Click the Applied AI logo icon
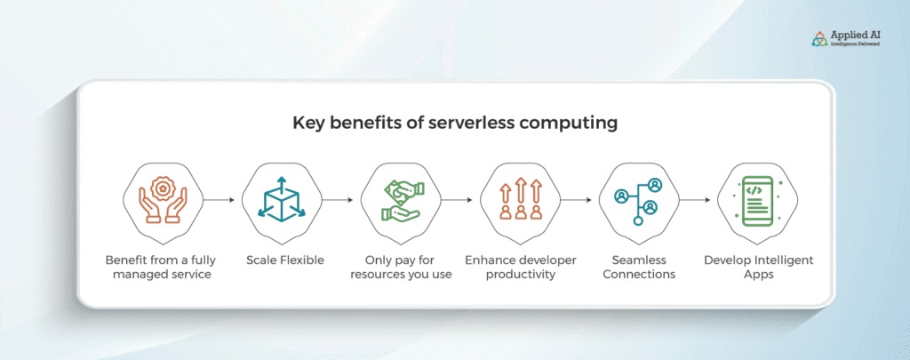[x=819, y=39]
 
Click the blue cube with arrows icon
[x=282, y=200]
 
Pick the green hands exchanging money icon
[x=401, y=200]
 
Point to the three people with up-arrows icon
[x=521, y=199]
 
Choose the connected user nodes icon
[x=639, y=201]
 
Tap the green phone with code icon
[x=758, y=200]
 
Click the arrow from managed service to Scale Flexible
[x=219, y=200]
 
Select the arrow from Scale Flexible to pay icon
[x=338, y=200]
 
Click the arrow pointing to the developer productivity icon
[x=457, y=200]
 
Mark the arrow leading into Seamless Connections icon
[x=576, y=200]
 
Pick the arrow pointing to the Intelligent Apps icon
[x=695, y=200]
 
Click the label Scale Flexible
[x=285, y=260]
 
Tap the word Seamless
[x=639, y=260]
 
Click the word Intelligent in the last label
[x=785, y=260]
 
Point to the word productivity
[x=521, y=275]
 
